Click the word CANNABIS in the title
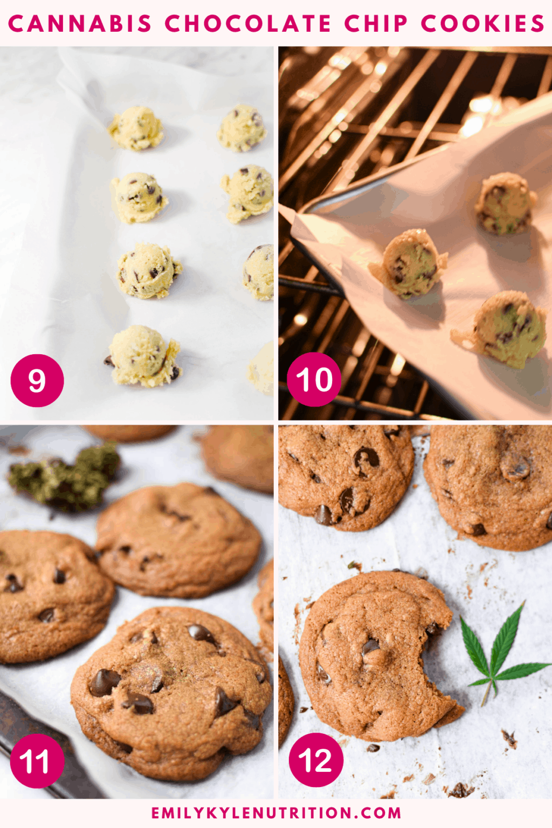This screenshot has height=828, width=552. click(80, 24)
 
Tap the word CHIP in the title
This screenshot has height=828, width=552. click(376, 24)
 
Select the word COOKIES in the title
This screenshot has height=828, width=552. click(483, 24)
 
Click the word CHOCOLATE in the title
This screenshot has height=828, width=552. click(248, 24)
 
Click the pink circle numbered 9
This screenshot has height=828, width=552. click(37, 381)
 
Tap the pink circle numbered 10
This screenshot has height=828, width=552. click(314, 379)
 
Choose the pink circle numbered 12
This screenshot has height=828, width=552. click(316, 760)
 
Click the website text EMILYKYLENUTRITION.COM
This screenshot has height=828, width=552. click(276, 813)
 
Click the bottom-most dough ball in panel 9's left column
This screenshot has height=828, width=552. click(143, 356)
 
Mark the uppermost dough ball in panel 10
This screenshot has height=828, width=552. click(505, 203)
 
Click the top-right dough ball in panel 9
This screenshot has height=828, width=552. click(241, 128)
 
